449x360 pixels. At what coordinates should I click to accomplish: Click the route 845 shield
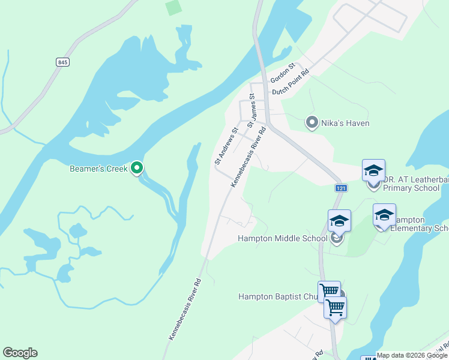[x=62, y=62]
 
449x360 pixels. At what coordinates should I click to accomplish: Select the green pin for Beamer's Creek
[x=137, y=169]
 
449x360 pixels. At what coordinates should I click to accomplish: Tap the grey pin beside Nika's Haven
[x=312, y=123]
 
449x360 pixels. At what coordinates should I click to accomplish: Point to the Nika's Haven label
[x=345, y=123]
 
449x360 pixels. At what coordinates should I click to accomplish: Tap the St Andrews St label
[x=226, y=146]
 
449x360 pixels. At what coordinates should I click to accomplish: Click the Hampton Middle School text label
[x=283, y=239]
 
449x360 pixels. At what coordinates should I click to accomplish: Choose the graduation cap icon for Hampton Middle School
[x=339, y=221]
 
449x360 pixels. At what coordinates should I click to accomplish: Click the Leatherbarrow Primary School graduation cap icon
[x=373, y=170]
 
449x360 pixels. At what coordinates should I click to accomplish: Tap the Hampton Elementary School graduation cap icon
[x=384, y=215]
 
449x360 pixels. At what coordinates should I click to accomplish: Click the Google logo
[x=20, y=353]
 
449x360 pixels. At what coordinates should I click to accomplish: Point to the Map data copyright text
[x=412, y=355]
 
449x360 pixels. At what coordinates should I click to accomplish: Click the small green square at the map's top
[x=173, y=8]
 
